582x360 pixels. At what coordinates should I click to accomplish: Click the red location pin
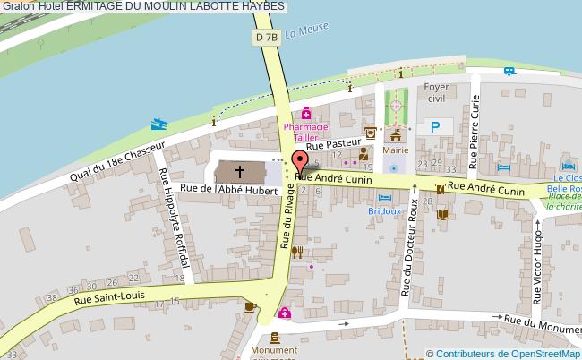(x=300, y=161)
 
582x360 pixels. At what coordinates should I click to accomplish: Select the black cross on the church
(x=240, y=170)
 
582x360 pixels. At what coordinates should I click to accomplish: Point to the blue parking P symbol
(x=434, y=128)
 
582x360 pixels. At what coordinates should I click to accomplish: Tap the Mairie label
(x=395, y=151)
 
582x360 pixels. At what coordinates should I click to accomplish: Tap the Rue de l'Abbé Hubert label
(x=227, y=188)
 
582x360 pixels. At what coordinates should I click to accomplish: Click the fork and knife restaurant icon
(x=297, y=252)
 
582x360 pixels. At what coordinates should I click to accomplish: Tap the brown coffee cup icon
(x=251, y=306)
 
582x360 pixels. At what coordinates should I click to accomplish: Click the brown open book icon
(x=441, y=214)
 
